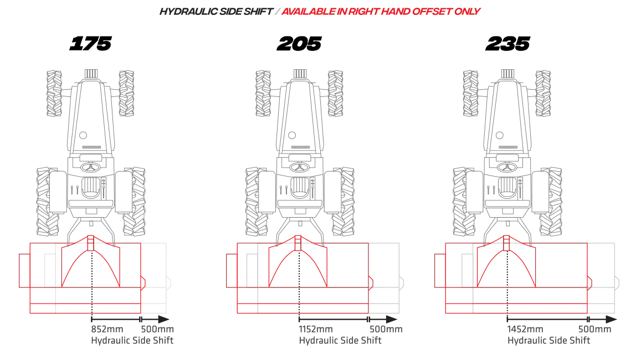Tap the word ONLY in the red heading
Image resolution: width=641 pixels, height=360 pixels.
469,11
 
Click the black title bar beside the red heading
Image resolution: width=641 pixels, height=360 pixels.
216,11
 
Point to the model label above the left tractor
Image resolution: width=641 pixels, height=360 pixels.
91,44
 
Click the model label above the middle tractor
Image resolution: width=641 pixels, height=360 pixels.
300,44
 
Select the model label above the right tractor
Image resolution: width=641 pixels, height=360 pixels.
507,44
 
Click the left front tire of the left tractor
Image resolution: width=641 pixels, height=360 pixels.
53,93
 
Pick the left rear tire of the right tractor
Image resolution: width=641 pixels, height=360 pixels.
463,194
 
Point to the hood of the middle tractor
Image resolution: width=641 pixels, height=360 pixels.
300,105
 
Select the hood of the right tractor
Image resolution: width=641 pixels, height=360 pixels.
507,105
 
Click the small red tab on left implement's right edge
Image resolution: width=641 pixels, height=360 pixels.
143,282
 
